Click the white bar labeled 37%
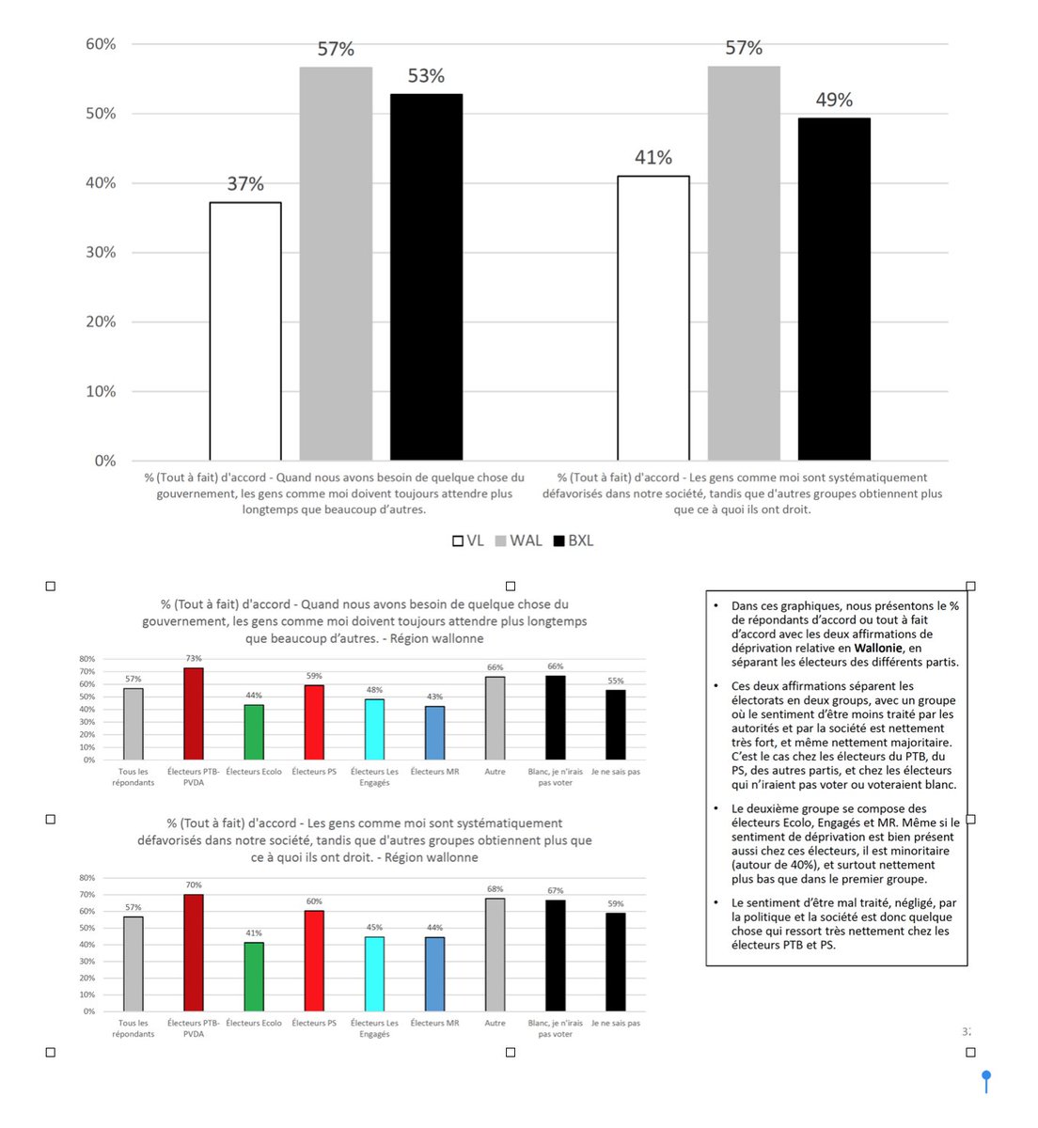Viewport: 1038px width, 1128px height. [245, 331]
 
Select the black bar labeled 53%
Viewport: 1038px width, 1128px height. [426, 277]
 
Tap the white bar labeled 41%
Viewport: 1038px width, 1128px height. [653, 318]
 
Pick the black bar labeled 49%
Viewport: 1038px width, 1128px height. [834, 289]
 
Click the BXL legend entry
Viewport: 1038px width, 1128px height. [574, 540]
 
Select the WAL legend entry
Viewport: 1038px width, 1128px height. [518, 540]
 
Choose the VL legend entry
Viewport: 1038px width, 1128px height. [468, 540]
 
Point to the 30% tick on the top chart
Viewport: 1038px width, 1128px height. [101, 252]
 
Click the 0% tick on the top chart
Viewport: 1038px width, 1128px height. [104, 461]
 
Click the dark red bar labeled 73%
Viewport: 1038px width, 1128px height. [194, 713]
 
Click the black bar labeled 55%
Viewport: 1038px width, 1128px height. [616, 725]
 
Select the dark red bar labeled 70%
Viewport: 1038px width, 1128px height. [194, 952]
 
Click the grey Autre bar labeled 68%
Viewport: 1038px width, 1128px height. [495, 954]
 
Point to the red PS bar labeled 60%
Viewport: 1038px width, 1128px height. [314, 961]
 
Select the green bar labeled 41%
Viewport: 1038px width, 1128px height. [254, 977]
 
